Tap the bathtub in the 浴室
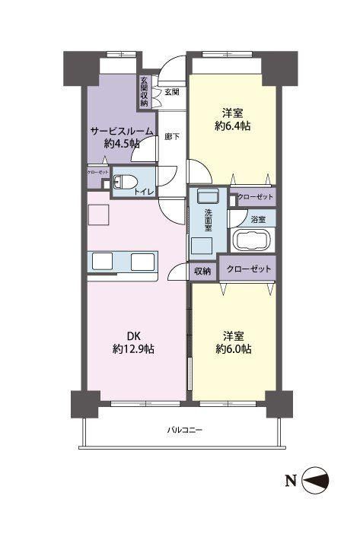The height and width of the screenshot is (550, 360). click(251, 240)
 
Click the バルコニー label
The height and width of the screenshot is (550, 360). click(184, 430)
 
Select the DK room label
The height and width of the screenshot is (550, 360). click(133, 336)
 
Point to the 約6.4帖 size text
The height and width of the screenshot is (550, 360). click(233, 126)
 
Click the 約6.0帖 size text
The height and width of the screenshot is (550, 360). click(234, 349)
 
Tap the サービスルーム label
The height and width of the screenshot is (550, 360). click(122, 131)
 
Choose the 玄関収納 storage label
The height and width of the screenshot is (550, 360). click(144, 92)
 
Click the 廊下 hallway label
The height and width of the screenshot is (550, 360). click(172, 136)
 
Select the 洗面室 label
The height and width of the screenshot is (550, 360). click(209, 220)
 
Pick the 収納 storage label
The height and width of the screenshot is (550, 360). click(202, 271)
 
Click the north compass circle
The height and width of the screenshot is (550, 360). click(315, 481)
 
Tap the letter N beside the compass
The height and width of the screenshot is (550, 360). click(291, 481)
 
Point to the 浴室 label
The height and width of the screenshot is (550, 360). click(258, 220)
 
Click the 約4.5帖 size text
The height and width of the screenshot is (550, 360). click(122, 144)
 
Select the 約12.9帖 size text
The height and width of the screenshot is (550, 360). click(133, 349)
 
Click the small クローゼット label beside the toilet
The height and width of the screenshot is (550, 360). click(98, 172)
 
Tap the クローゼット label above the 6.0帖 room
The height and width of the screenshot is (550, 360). click(249, 269)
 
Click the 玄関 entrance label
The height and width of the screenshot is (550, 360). click(172, 92)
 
